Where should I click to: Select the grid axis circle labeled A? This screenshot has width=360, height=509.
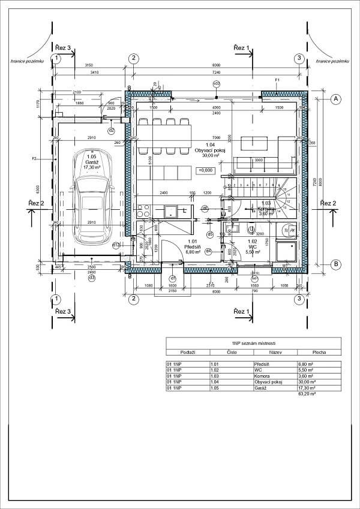(337, 98)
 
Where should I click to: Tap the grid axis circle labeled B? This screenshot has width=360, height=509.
(337, 264)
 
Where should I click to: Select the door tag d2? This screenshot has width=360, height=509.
(111, 130)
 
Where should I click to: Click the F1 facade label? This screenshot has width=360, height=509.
(277, 80)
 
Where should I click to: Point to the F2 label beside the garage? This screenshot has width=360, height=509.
(34, 159)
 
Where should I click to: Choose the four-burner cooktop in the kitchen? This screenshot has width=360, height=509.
(144, 211)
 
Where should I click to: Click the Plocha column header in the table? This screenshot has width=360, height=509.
(319, 353)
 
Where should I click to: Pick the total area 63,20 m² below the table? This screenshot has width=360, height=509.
(307, 394)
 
